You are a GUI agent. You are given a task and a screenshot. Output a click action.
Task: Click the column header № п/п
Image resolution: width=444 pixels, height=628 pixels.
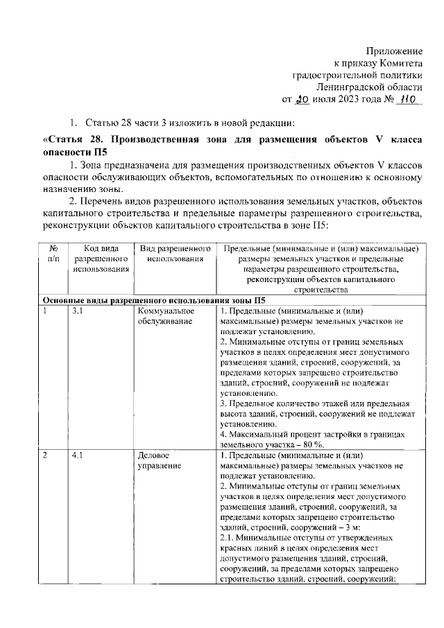53,254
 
